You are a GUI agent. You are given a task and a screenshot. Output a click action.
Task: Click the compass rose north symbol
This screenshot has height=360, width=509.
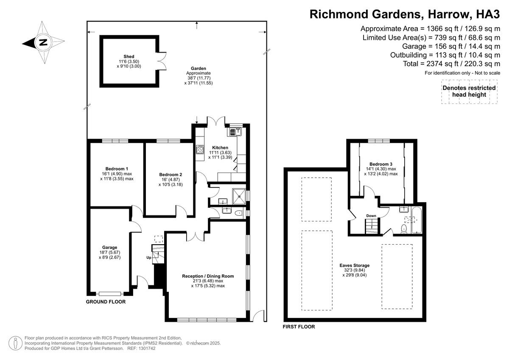click(x=43, y=42)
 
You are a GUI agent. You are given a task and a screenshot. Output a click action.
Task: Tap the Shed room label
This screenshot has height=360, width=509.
click(x=129, y=57)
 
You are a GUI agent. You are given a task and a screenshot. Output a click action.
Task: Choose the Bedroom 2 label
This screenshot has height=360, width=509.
click(x=171, y=175)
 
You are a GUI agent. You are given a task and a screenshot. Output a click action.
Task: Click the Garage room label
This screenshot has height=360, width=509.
click(x=109, y=247)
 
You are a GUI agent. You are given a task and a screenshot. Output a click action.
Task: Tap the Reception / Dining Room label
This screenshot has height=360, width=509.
click(x=208, y=276)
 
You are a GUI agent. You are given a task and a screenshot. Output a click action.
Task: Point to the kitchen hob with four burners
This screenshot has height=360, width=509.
click(x=200, y=150)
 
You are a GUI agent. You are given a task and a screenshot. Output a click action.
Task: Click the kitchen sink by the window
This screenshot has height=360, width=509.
click(x=235, y=132)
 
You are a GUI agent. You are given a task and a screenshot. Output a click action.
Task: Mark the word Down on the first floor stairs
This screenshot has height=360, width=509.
click(x=371, y=216)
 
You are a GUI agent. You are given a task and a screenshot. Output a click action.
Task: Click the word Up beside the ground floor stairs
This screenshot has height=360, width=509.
click(x=148, y=257)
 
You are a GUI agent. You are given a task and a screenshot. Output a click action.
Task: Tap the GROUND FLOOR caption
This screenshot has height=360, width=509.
click(x=106, y=302)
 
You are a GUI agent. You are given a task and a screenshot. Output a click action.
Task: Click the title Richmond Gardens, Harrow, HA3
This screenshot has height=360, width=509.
click(x=405, y=14)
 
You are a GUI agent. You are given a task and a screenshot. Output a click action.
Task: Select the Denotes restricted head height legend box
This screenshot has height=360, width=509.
click(x=469, y=92)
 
